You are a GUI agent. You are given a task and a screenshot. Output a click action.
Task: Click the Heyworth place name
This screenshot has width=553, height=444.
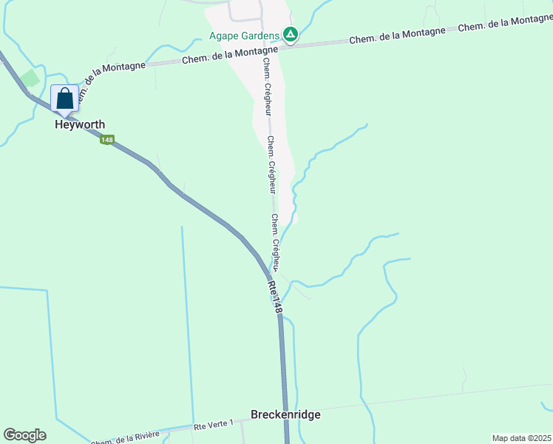click(x=80, y=125)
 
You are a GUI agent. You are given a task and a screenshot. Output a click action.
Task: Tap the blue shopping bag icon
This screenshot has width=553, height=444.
click(x=65, y=98)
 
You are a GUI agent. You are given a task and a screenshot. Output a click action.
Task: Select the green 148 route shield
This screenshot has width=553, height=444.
click(x=108, y=140)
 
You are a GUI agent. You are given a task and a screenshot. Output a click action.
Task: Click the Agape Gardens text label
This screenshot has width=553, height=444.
click(x=244, y=35)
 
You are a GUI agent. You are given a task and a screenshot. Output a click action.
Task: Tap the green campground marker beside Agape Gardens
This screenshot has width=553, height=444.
click(x=291, y=35)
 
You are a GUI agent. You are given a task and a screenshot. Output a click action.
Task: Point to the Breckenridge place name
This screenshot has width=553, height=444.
click(x=285, y=414)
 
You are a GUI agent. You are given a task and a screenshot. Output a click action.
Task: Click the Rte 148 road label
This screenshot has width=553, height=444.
click(x=275, y=296)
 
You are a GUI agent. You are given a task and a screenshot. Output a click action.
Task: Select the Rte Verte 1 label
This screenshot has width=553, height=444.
click(x=214, y=425)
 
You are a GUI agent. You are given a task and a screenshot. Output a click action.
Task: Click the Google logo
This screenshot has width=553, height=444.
click(x=24, y=435)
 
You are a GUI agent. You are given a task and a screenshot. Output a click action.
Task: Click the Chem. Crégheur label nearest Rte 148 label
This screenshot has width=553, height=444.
click(x=276, y=241)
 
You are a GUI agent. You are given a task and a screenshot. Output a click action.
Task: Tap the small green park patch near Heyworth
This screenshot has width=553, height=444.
click(x=30, y=78)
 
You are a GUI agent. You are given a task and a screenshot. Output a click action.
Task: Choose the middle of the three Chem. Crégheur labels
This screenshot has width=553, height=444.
click(x=271, y=164)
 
